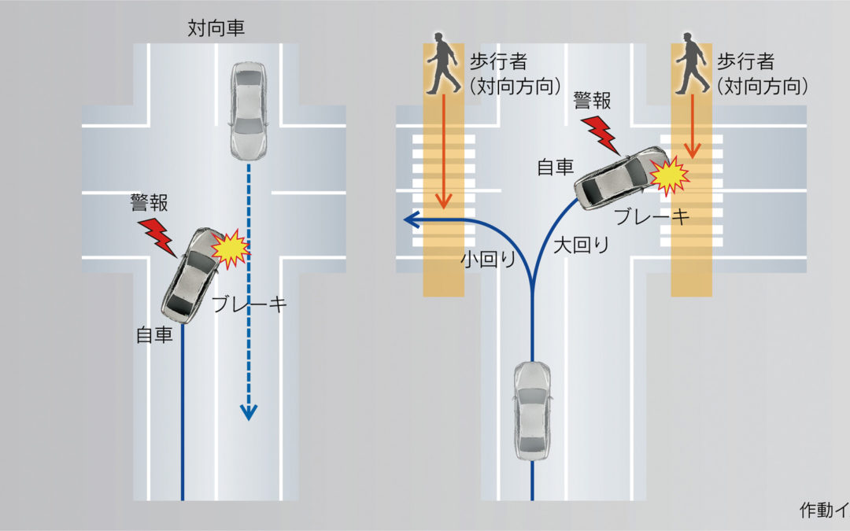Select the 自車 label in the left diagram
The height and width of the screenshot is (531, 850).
tap(155, 335)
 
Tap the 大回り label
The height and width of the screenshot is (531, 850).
tap(582, 244)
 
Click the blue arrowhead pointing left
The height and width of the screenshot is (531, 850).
tap(410, 222)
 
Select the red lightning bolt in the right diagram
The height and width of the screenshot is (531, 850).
tap(602, 135)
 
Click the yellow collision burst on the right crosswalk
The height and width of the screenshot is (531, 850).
tap(671, 176)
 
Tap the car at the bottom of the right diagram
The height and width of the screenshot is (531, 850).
tap(532, 411)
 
